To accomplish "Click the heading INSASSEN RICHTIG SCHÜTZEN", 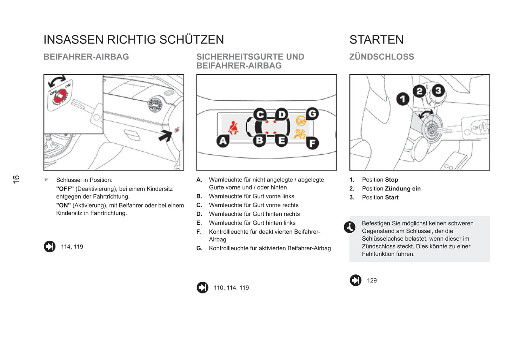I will [133, 40].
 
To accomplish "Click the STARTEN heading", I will [376, 40].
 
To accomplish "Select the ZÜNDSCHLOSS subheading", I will [381, 57].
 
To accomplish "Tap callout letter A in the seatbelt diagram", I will [223, 141].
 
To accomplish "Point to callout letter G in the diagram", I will [312, 114].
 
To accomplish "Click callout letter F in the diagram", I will [312, 143].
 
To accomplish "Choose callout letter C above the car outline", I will [260, 114].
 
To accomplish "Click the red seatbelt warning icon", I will [233, 128].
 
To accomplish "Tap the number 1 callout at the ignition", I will [403, 99].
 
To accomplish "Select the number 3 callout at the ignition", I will [438, 91].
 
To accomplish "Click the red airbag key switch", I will [60, 95].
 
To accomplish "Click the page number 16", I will [16, 179].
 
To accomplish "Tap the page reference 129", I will [372, 280].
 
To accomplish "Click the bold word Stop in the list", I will [392, 180].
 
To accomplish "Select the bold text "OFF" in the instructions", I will [65, 189].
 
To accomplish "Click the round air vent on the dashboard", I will [155, 105].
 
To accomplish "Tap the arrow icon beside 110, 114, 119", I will [202, 288].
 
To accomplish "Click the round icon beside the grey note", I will [349, 227].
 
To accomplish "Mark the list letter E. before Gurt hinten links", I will [199, 223].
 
